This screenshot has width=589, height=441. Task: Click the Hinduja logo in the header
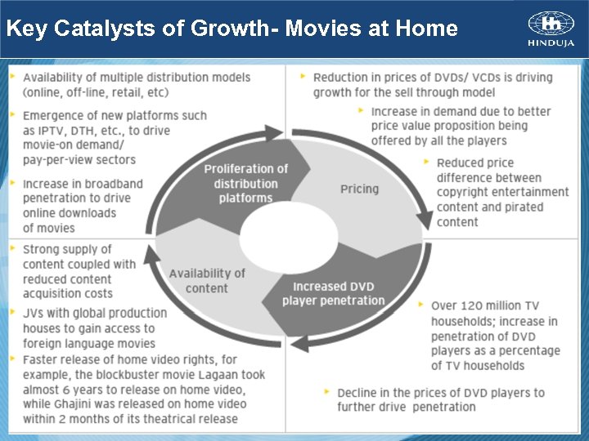point(551,29)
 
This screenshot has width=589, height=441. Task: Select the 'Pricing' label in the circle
point(359,189)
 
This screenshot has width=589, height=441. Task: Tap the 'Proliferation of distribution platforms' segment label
point(245,183)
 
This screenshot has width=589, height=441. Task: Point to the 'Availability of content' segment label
point(207,280)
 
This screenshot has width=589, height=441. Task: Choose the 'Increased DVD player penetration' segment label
point(333,293)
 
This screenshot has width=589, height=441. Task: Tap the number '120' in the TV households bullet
point(476,306)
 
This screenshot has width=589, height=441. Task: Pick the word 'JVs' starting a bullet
point(34,314)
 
